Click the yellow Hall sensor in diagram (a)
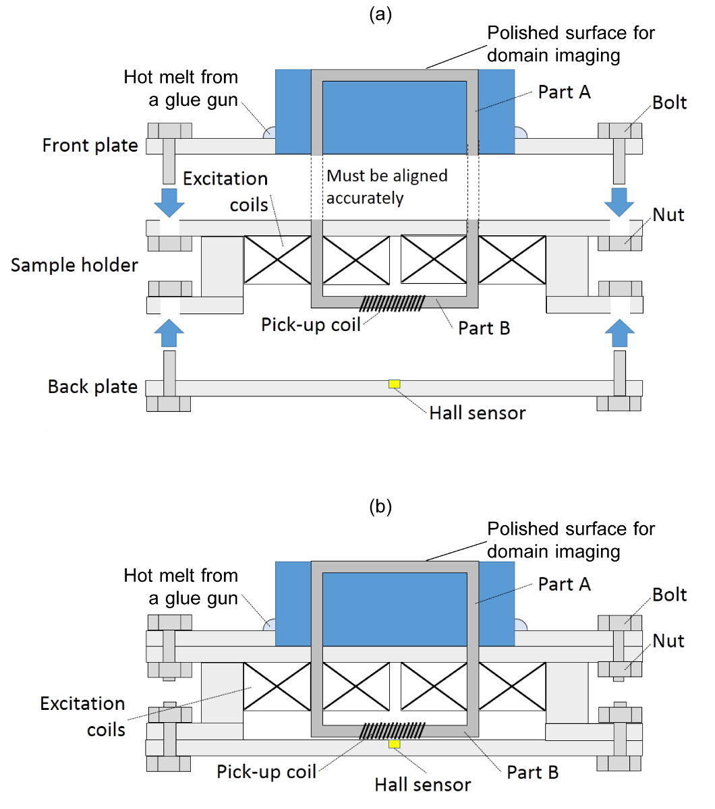(x=395, y=384)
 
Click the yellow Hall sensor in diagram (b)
(x=395, y=744)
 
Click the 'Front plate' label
(x=90, y=146)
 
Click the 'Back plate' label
(x=92, y=387)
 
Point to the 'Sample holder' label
(x=74, y=265)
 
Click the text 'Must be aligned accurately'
(x=387, y=187)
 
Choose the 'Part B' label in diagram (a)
(x=484, y=328)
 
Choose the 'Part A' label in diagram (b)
(x=564, y=585)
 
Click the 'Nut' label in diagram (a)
(x=668, y=215)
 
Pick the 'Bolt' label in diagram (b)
(x=669, y=595)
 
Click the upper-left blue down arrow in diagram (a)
(x=169, y=202)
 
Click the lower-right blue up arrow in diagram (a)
(x=619, y=332)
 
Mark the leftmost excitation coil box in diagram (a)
(x=277, y=260)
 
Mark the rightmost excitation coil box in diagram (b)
(x=512, y=686)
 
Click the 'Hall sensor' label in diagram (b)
(x=423, y=785)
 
